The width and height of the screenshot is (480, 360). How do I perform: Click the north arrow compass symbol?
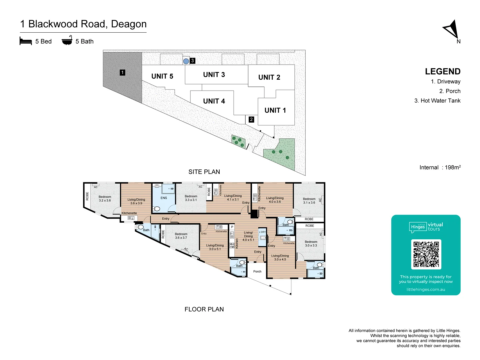click(452, 30)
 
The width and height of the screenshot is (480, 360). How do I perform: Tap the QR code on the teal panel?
click(426, 254)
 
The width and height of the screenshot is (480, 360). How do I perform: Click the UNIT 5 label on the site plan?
click(162, 76)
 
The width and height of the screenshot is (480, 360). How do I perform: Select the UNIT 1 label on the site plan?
click(275, 110)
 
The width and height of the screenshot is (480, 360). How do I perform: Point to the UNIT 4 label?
click(214, 101)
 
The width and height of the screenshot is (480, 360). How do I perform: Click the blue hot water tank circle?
click(186, 61)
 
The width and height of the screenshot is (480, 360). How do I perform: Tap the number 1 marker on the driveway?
click(122, 72)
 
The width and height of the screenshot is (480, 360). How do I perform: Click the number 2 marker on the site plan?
click(251, 119)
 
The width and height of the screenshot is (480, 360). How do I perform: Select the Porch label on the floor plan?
click(257, 271)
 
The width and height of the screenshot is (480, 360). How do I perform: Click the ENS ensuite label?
click(164, 198)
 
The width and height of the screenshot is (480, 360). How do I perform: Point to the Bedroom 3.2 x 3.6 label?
click(105, 199)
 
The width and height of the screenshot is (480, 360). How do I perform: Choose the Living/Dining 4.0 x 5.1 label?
click(248, 236)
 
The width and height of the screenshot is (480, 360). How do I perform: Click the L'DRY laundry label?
click(263, 232)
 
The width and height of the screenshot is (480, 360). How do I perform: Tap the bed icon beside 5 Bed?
click(26, 41)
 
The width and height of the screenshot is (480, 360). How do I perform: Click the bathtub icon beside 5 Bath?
click(67, 40)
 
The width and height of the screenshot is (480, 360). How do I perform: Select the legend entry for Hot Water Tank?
click(437, 101)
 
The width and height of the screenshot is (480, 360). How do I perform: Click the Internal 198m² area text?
click(440, 167)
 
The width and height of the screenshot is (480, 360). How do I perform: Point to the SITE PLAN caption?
click(204, 172)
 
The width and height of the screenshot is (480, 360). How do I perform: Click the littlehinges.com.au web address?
click(426, 289)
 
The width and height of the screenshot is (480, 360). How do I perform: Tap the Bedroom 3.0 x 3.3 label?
click(311, 244)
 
